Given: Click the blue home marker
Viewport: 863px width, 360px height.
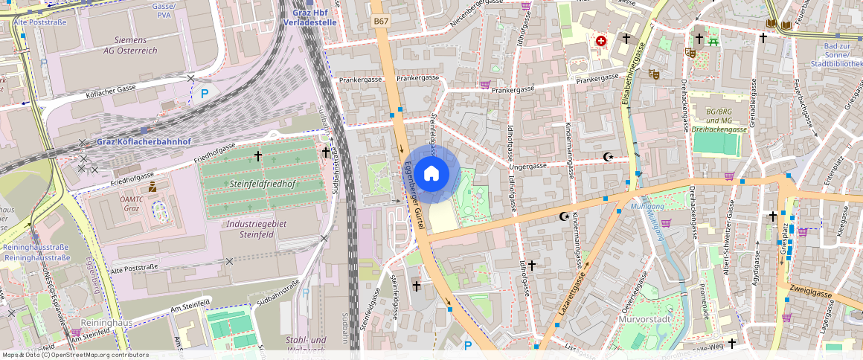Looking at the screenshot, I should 431,174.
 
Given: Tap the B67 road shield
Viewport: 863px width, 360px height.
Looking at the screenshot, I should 382,22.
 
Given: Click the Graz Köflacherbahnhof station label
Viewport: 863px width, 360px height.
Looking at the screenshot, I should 144,142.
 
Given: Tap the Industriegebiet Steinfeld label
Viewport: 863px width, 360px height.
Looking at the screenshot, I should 252,228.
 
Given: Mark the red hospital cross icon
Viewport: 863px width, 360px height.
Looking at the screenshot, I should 601,41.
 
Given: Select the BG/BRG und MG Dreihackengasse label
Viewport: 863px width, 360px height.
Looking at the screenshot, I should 719,120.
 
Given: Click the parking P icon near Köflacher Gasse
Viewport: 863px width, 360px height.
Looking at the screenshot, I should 205,94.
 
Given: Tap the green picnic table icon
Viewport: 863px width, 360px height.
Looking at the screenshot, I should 713,41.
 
